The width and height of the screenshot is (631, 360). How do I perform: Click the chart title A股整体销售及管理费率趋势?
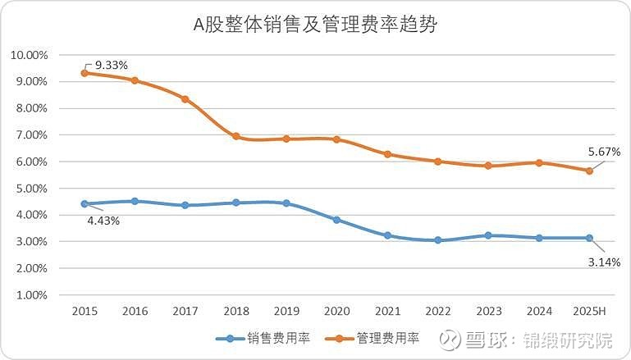pyautogui.click(x=315, y=25)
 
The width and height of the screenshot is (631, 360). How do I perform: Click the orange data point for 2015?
pyautogui.click(x=85, y=73)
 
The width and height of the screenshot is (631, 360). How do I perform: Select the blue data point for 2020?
pyautogui.click(x=336, y=220)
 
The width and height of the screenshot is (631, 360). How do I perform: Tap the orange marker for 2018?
pyautogui.click(x=236, y=136)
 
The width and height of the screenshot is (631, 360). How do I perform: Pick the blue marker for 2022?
pyautogui.click(x=438, y=240)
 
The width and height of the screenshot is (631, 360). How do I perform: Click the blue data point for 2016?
pyautogui.click(x=135, y=201)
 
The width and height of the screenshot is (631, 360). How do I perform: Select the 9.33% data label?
pyautogui.click(x=112, y=64)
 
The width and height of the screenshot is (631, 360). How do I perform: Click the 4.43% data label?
pyautogui.click(x=103, y=220)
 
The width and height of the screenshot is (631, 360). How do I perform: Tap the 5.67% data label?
pyautogui.click(x=603, y=152)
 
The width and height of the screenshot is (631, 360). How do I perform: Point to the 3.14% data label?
pyautogui.click(x=603, y=262)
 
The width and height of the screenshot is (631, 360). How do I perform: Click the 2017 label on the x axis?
pyautogui.click(x=185, y=312)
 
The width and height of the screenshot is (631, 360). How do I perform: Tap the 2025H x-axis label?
pyautogui.click(x=590, y=312)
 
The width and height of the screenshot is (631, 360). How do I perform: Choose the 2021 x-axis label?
pyautogui.click(x=387, y=312)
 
